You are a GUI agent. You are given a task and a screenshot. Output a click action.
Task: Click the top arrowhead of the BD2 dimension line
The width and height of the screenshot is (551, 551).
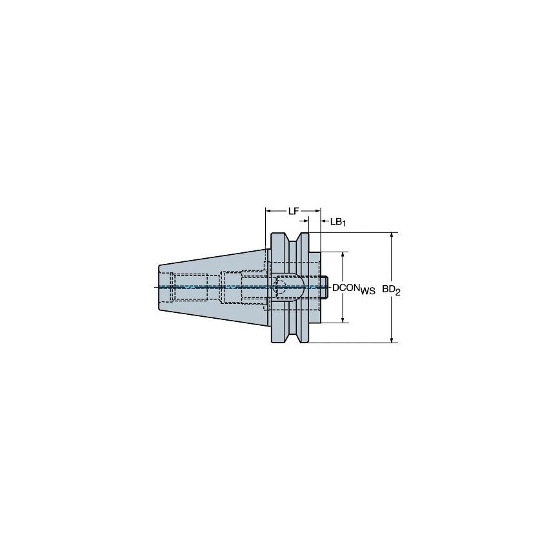tap(392, 235)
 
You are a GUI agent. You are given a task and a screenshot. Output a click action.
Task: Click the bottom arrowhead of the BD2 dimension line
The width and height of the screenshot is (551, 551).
tap(392, 339)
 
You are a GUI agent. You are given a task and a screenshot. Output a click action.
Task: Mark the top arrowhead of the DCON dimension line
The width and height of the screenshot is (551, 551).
tap(343, 255)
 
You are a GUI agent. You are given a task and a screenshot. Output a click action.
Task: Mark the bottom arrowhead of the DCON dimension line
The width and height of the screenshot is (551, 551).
tap(343, 318)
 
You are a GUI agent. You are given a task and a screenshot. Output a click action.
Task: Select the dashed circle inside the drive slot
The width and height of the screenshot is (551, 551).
tap(279, 287)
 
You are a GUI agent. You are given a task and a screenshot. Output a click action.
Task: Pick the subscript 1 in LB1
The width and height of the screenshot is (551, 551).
tap(345, 224)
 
